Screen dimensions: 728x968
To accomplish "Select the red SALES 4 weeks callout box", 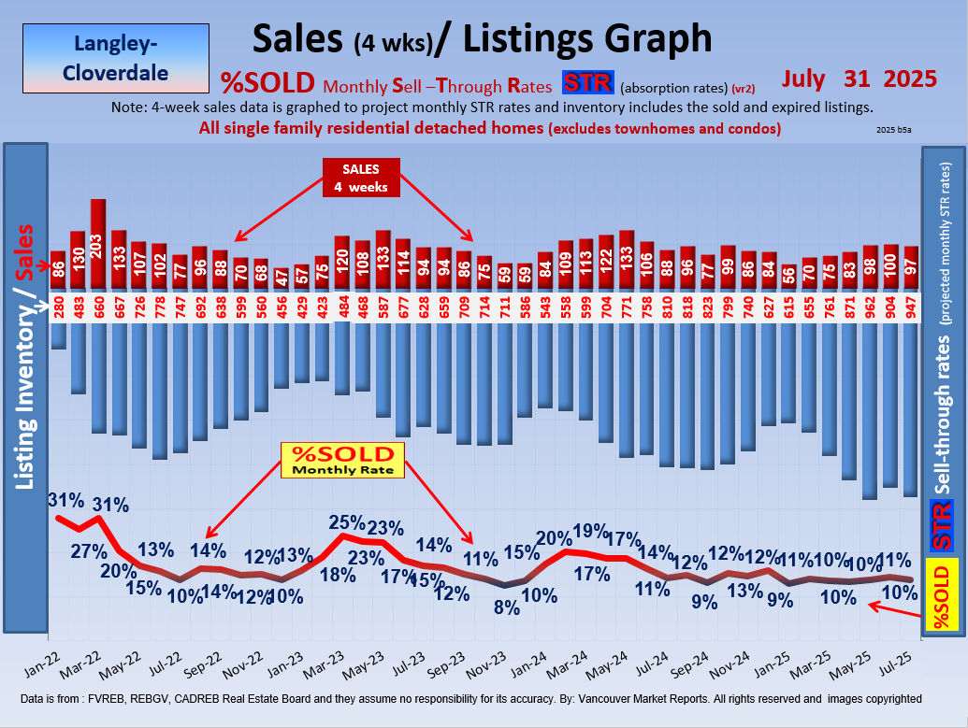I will pos(362,177).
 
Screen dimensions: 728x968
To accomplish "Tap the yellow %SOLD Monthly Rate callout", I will pos(344,460).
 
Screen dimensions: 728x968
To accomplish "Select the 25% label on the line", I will pos(345,522).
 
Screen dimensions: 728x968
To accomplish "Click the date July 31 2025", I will pos(860,79).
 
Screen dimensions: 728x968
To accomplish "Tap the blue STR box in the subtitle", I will pos(587,83).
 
